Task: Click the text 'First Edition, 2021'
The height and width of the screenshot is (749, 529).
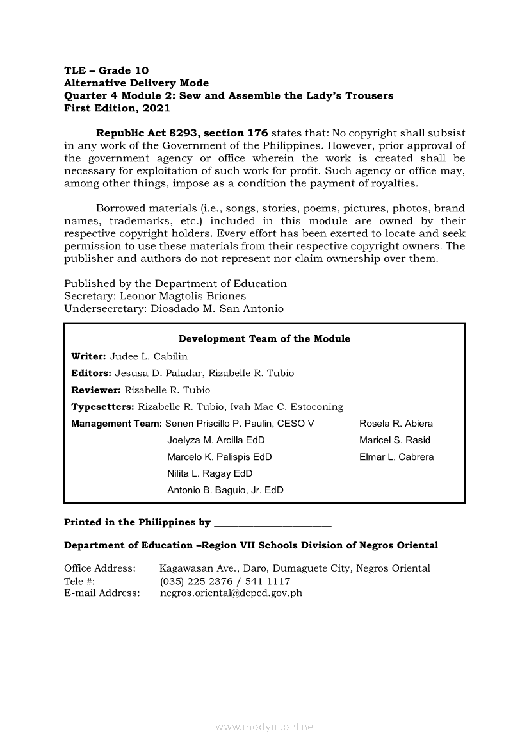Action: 117,108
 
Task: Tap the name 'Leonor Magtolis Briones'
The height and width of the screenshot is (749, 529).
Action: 183,296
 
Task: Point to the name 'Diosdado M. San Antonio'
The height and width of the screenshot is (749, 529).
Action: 217,309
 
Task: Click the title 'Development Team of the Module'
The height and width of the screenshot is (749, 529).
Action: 264,339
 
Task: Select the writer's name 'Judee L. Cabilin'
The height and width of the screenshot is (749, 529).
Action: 149,356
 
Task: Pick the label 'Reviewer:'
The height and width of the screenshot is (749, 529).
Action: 96,390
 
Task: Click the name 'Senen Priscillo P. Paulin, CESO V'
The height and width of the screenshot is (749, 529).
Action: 240,424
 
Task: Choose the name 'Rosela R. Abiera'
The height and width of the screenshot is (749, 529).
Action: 396,424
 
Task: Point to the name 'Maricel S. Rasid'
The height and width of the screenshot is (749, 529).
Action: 395,440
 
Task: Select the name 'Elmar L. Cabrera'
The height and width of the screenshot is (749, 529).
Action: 396,457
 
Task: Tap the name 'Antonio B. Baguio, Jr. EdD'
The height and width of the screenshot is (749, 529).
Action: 225,490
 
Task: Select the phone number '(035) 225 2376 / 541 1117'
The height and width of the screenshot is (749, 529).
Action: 225,581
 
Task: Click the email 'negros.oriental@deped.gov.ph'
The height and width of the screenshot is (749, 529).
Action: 231,593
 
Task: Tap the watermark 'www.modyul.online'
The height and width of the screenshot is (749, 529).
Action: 264,727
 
